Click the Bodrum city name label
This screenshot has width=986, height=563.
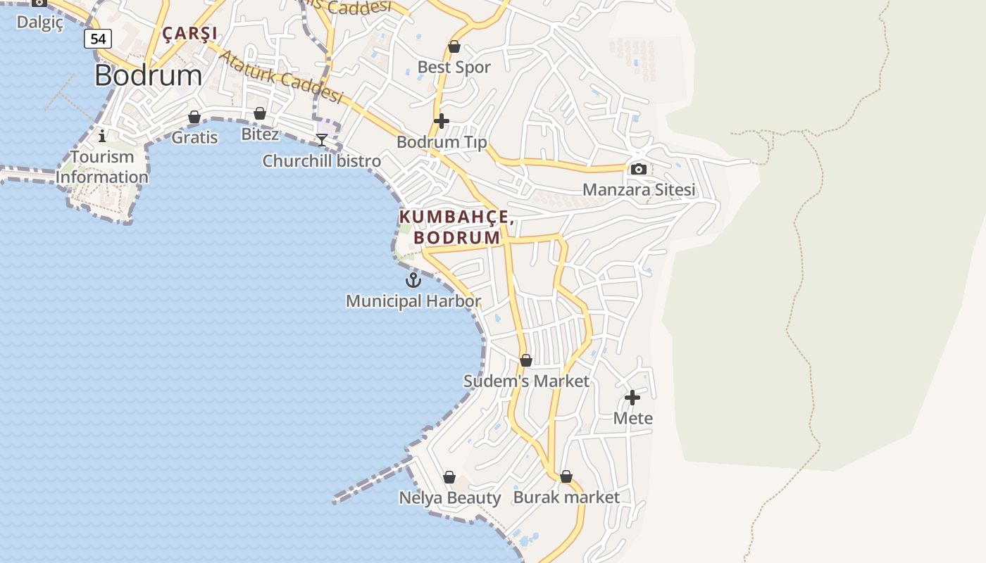pyautogui.click(x=148, y=75)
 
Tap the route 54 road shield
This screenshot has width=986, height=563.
pyautogui.click(x=98, y=39)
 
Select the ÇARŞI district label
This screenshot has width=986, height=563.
pyautogui.click(x=189, y=33)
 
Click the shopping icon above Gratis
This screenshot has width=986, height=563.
pyautogui.click(x=194, y=117)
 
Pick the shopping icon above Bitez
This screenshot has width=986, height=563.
pyautogui.click(x=260, y=113)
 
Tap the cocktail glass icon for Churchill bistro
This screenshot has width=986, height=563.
pyautogui.click(x=322, y=139)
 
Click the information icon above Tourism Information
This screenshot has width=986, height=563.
pyautogui.click(x=102, y=135)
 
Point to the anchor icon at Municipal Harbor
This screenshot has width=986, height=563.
pyautogui.click(x=413, y=280)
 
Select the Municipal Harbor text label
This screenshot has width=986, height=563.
pyautogui.click(x=413, y=301)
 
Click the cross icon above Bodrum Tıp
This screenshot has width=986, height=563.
pyautogui.click(x=442, y=121)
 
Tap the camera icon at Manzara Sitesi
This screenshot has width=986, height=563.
pyautogui.click(x=639, y=169)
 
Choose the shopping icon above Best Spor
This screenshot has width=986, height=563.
pyautogui.click(x=454, y=46)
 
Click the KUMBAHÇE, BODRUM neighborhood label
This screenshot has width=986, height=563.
pyautogui.click(x=456, y=227)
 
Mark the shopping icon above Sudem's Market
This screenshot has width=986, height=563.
pyautogui.click(x=526, y=360)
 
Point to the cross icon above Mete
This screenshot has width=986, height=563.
pyautogui.click(x=632, y=398)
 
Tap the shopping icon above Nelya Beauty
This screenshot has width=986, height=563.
pyautogui.click(x=449, y=477)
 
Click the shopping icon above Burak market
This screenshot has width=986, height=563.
pyautogui.click(x=566, y=476)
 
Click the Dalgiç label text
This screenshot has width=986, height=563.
pyautogui.click(x=40, y=22)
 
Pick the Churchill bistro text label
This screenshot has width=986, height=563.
pyautogui.click(x=321, y=161)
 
